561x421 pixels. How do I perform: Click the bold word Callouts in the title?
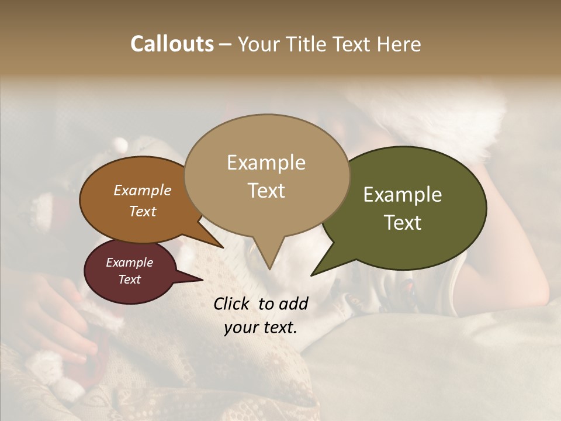point(172,44)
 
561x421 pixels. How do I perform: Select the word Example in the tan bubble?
point(266,163)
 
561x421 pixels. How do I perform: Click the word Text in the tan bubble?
point(266,191)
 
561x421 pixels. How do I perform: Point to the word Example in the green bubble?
point(403,195)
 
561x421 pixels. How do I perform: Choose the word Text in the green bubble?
point(403,223)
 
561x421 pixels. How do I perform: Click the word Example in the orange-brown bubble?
point(143,191)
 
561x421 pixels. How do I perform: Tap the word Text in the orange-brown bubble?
point(143,211)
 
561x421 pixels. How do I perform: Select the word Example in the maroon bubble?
point(129,263)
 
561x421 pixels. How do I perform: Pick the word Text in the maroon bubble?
point(129,279)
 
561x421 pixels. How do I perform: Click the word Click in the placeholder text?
point(232,303)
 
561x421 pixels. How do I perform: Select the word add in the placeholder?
point(294,303)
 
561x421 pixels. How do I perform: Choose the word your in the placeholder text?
point(239,327)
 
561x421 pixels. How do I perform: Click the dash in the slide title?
point(226,44)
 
